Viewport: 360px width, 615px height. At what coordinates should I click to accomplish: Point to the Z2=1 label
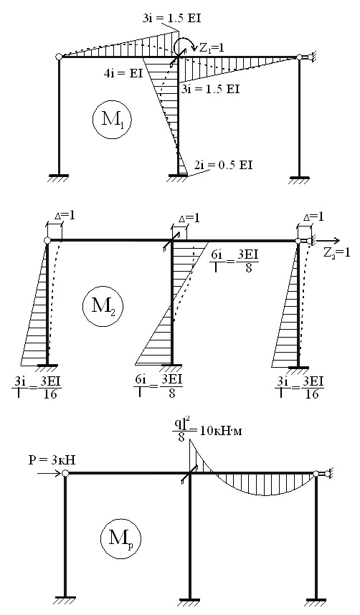click(336, 252)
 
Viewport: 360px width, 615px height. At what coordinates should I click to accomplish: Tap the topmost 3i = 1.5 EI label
click(171, 19)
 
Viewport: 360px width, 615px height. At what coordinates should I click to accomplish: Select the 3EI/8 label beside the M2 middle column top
click(247, 261)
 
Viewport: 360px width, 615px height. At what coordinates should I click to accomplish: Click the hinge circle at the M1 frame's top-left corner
click(59, 57)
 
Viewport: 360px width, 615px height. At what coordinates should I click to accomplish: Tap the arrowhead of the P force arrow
click(59, 473)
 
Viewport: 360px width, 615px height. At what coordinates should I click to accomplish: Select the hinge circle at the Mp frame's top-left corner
click(65, 473)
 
